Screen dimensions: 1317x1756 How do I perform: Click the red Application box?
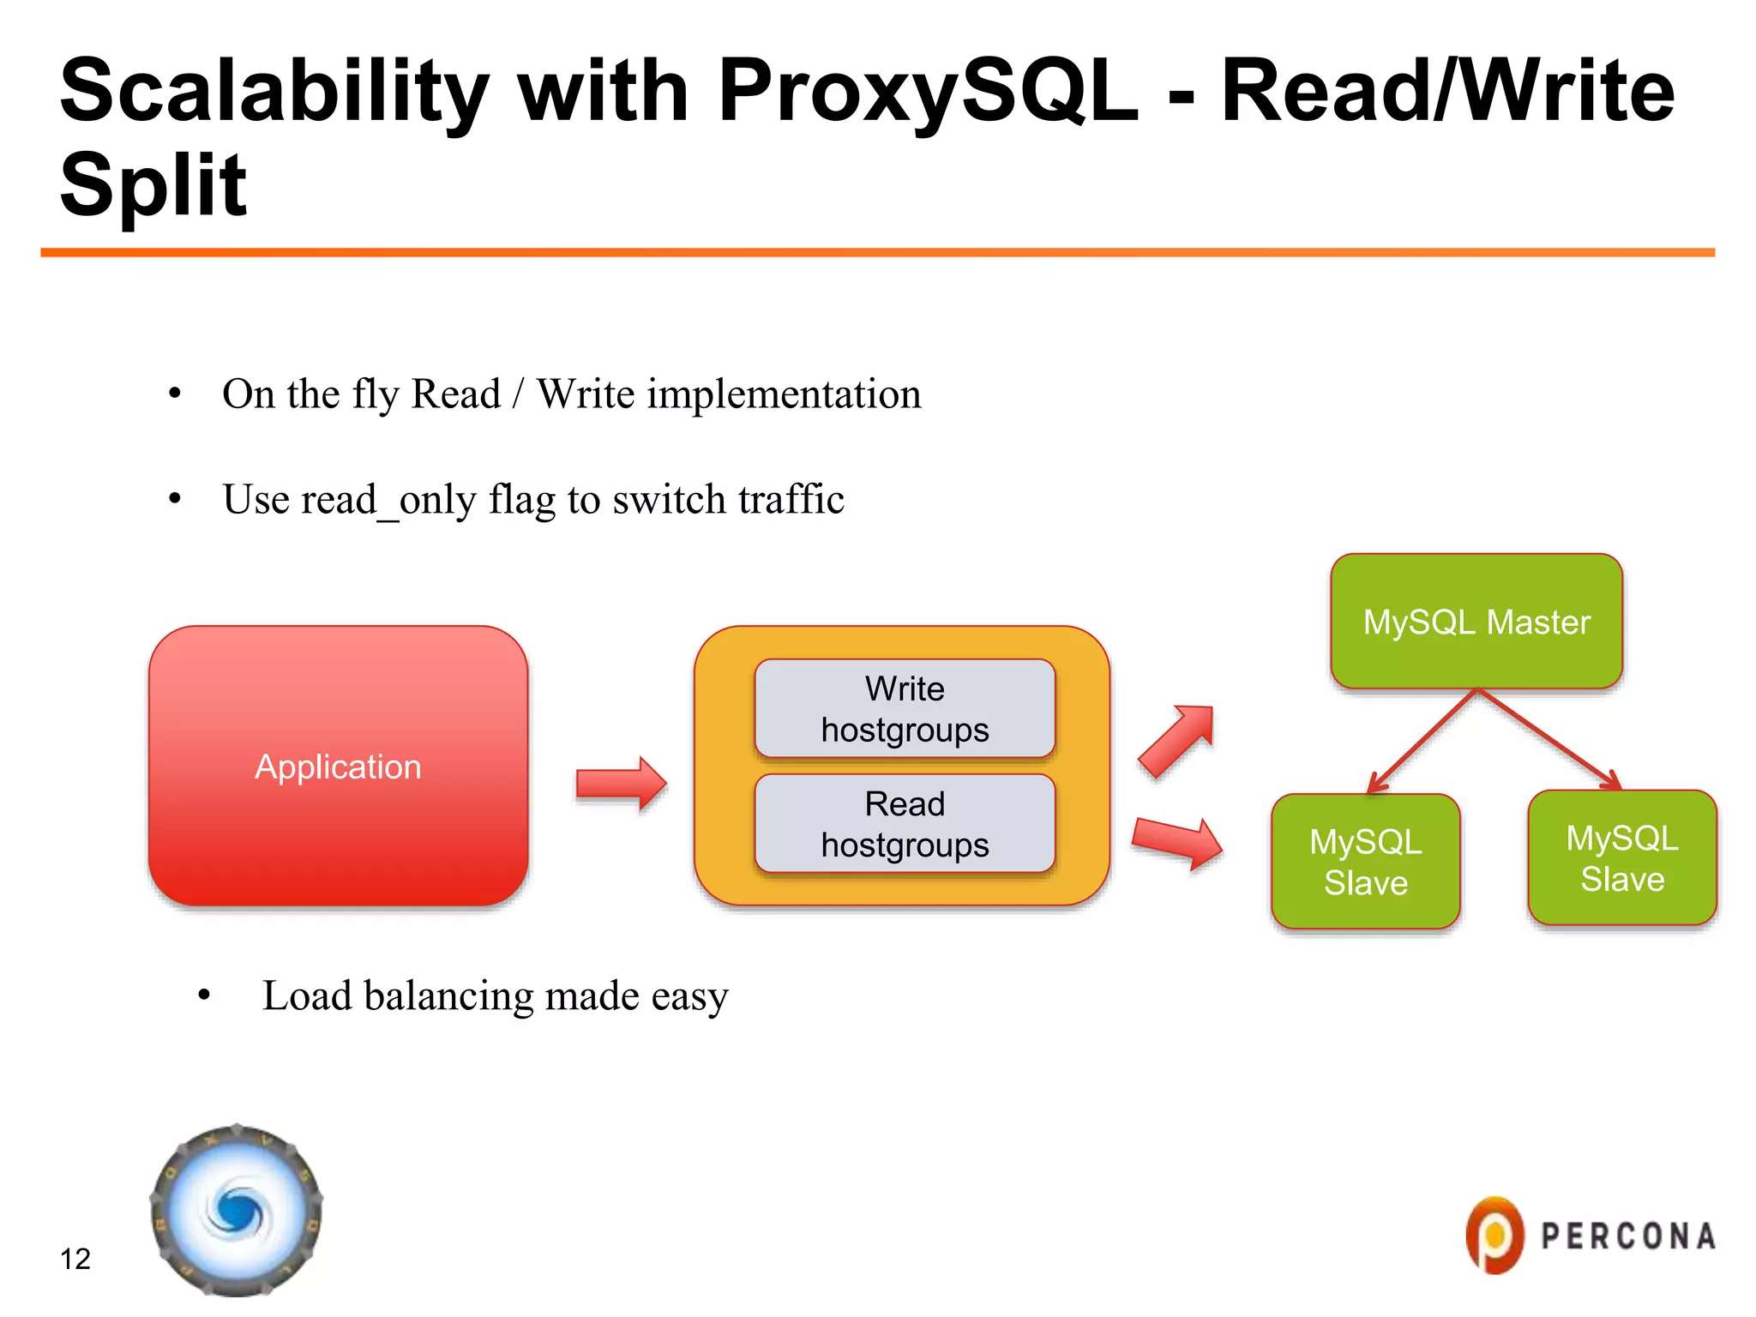[x=338, y=766]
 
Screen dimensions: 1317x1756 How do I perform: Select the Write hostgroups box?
[x=905, y=708]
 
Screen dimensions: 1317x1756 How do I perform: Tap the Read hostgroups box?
[x=905, y=823]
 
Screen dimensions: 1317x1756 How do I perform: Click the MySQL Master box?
[x=1476, y=622]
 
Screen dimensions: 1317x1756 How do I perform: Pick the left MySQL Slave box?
[x=1365, y=861]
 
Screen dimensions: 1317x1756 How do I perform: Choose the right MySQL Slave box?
[x=1621, y=857]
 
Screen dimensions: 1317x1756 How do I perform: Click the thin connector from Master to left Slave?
[x=1423, y=740]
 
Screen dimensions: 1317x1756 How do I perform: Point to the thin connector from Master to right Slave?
[x=1549, y=738]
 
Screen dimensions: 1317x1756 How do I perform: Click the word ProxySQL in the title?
[x=928, y=91]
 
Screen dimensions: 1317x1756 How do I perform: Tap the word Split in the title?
[x=153, y=184]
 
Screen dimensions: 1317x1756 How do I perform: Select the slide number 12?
[x=75, y=1259]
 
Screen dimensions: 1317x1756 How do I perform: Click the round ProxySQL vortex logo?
[x=237, y=1211]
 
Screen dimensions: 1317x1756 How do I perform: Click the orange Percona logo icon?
[x=1494, y=1236]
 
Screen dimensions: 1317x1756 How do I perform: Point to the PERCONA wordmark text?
[x=1627, y=1236]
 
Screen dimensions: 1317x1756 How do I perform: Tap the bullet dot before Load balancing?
[x=204, y=995]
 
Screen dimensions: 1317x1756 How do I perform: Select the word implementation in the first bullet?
[x=784, y=394]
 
